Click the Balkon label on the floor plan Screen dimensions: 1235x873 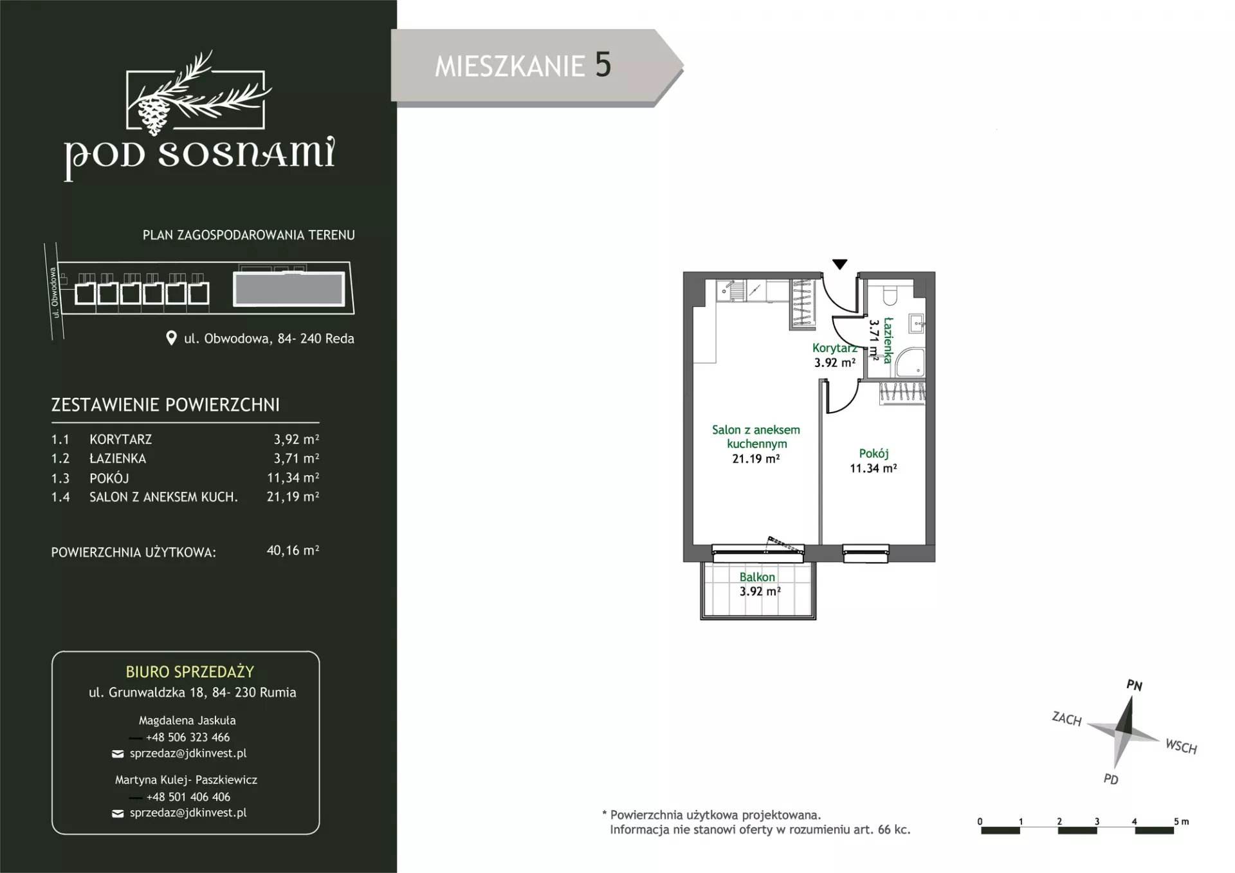[757, 577]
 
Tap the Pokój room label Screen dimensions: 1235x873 [874, 454]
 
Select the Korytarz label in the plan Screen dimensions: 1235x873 [834, 348]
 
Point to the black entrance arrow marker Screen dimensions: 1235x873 [839, 264]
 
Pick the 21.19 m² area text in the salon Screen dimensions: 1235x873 [756, 459]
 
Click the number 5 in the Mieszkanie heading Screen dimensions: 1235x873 [603, 65]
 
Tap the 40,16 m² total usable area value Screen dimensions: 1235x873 [293, 550]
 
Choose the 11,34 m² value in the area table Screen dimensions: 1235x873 [293, 478]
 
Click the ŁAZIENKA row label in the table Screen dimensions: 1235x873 [118, 458]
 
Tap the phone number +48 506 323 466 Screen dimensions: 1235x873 [188, 737]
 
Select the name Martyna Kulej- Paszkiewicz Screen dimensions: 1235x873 [186, 780]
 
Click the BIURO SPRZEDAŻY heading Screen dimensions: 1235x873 [190, 671]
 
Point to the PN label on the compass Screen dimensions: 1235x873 [1134, 686]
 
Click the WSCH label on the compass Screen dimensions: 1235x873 [1181, 747]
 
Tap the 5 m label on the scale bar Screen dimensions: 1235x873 [1181, 821]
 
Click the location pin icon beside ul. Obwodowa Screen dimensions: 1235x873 [171, 338]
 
